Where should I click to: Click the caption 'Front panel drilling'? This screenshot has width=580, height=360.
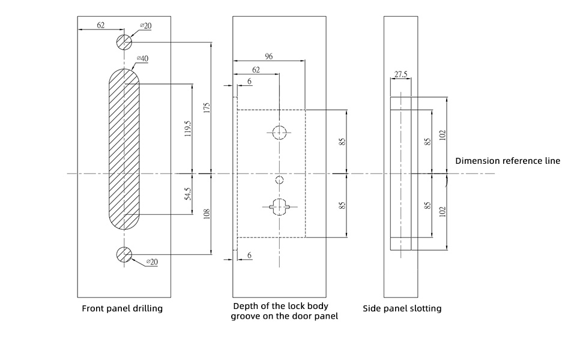122,308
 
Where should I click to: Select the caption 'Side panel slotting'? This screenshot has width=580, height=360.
402,308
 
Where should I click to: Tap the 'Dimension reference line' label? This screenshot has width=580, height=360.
507,161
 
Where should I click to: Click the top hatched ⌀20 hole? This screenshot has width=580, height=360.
124,42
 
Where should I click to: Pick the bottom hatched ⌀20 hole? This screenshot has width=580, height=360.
124,254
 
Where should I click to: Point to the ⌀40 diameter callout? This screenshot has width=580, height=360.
143,58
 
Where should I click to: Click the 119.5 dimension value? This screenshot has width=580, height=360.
188,128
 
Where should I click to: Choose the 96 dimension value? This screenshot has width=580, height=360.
268,56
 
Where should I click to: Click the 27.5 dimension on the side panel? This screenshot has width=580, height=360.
400,75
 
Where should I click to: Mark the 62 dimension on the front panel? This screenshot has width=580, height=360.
100,25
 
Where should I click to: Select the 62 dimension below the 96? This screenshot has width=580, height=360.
256,70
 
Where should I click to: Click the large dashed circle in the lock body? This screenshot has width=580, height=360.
279,133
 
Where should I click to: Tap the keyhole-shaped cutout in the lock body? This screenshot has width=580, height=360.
279,206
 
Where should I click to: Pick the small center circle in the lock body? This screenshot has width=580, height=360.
279,179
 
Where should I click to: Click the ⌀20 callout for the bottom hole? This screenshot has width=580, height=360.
151,262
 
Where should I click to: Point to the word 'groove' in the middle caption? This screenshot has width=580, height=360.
246,316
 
